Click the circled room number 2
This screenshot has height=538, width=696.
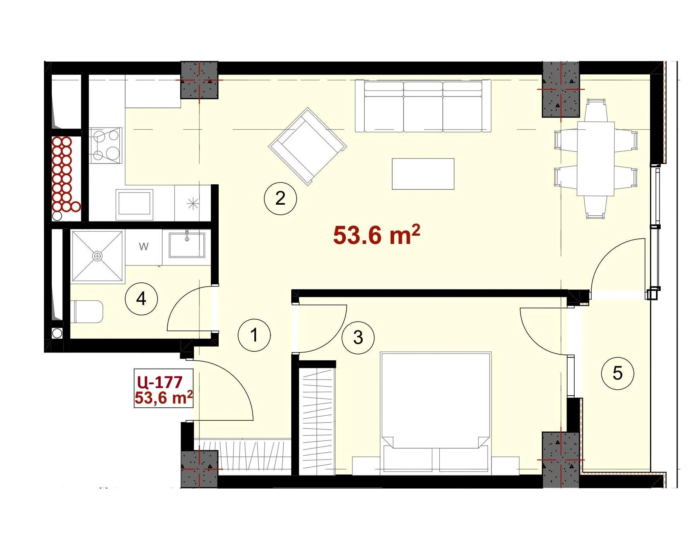tap(280, 198)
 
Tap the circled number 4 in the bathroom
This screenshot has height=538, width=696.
tap(141, 299)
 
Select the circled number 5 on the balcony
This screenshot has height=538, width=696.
tap(617, 373)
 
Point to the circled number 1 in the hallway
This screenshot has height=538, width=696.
tap(254, 335)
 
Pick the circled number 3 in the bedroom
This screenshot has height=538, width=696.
tap(358, 338)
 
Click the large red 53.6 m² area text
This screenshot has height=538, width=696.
tap(376, 235)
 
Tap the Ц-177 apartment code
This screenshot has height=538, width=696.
tap(160, 382)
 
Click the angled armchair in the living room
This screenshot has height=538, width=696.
tap(307, 146)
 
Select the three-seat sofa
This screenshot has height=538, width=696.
tap(423, 106)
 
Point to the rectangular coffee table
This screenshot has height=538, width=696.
tap(423, 174)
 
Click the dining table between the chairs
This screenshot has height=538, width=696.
tap(596, 159)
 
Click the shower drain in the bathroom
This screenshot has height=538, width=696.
tap(97, 256)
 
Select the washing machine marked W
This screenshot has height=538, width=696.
tap(144, 247)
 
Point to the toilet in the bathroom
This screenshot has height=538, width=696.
tap(88, 312)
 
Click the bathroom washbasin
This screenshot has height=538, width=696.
tap(187, 245)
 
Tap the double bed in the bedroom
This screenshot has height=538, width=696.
tap(436, 412)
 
